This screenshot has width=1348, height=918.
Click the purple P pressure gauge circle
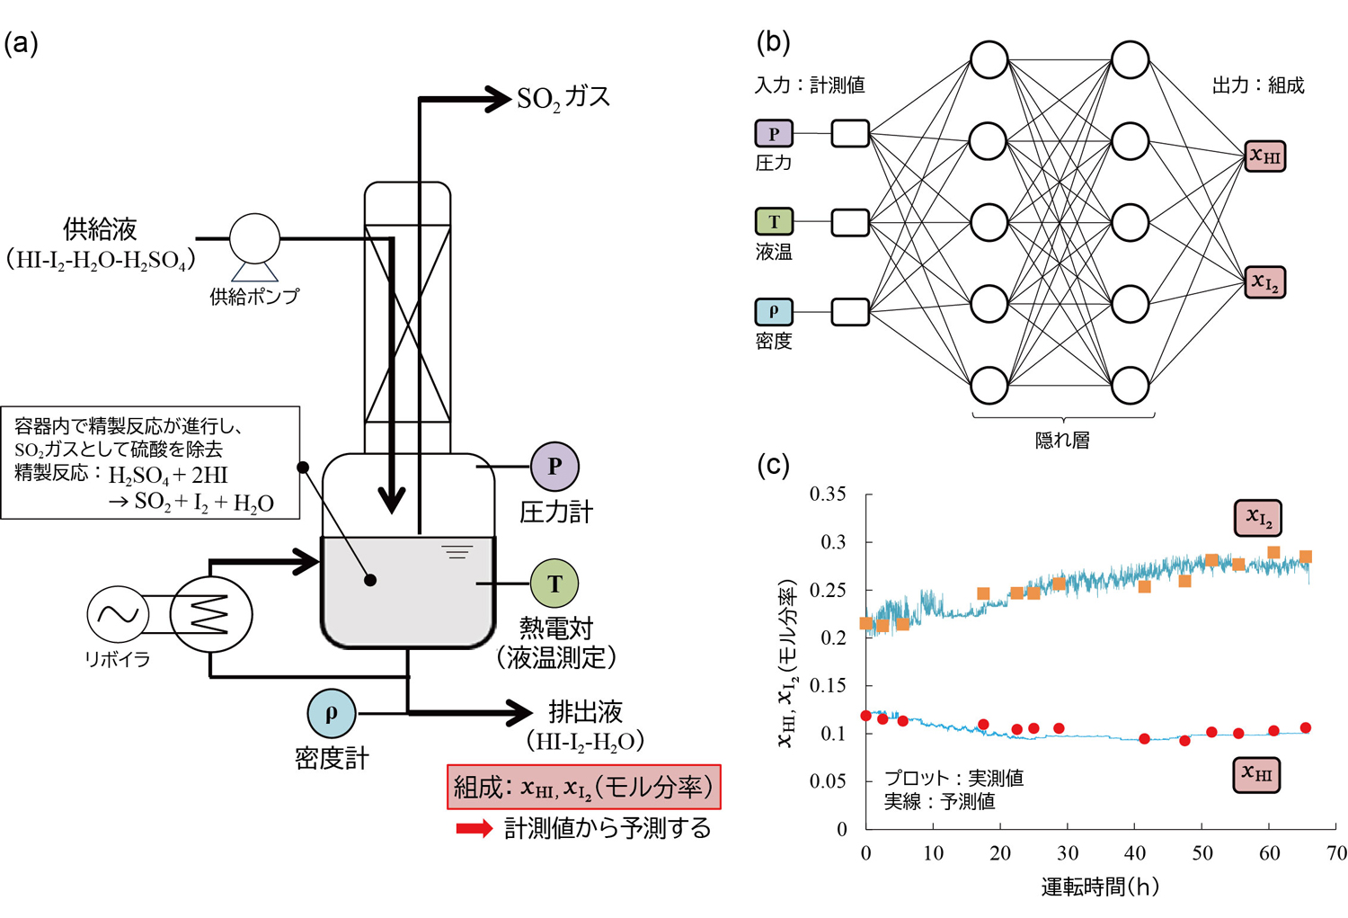click(554, 467)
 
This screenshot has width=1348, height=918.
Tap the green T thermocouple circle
click(554, 584)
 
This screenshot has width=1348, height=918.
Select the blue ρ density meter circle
click(332, 713)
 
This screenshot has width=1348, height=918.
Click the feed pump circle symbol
click(254, 239)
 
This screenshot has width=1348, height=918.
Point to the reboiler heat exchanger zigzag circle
click(211, 614)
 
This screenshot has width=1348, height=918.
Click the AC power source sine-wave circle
click(118, 614)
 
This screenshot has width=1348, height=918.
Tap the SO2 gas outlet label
click(563, 97)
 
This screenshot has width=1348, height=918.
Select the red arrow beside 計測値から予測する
click(474, 828)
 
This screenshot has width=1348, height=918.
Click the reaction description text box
click(150, 463)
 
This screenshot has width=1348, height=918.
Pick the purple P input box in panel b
click(773, 133)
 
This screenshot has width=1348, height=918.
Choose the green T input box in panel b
click(773, 221)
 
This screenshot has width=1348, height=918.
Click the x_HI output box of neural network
click(1264, 156)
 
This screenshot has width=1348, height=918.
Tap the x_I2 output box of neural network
click(1264, 282)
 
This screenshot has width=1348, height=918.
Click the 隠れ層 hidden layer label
click(1062, 441)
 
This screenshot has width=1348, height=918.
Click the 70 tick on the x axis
click(1336, 853)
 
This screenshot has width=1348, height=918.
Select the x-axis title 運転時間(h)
click(1100, 887)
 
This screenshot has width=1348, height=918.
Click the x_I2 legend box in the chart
click(1257, 518)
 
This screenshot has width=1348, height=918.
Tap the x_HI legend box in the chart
click(1255, 773)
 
